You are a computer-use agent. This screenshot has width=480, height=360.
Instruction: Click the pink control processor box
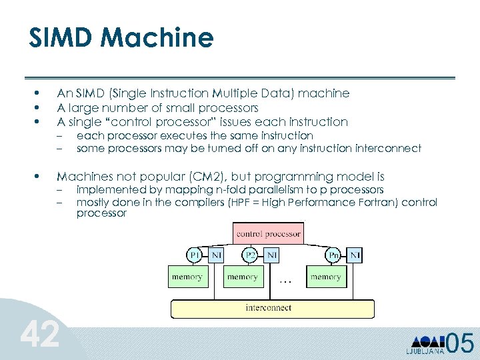(x=269, y=234)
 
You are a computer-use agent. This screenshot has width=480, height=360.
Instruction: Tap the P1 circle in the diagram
(x=195, y=255)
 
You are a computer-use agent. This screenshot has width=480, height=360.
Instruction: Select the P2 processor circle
(x=251, y=255)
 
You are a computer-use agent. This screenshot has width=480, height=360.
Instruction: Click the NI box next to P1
(x=216, y=255)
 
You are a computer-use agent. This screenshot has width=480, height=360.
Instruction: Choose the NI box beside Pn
(x=355, y=255)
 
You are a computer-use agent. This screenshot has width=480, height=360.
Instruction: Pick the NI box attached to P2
(x=271, y=255)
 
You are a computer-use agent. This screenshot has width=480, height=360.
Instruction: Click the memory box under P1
(x=187, y=276)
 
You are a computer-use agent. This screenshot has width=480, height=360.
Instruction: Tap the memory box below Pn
(x=326, y=276)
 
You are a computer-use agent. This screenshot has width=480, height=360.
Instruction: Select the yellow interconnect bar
(x=269, y=309)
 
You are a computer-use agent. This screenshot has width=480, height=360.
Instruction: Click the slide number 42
(x=39, y=334)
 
